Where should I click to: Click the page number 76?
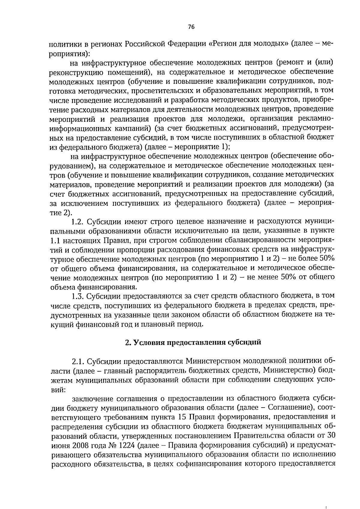191,27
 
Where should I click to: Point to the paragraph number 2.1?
78,361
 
